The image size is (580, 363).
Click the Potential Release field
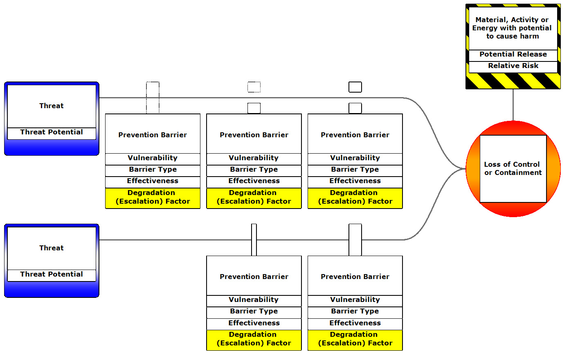[513, 54]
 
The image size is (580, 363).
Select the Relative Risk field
[513, 66]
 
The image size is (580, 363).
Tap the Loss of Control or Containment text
[513, 168]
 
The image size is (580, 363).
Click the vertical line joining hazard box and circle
[513, 105]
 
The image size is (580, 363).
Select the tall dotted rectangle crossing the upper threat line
[153, 98]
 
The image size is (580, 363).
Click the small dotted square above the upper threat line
[254, 87]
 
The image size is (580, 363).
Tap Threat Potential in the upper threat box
[52, 132]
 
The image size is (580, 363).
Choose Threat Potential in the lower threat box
[52, 275]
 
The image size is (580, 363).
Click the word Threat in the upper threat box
[52, 106]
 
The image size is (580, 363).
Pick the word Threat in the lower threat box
[52, 248]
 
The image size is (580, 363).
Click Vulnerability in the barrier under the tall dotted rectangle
[153, 158]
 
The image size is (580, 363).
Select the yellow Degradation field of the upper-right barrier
[355, 197]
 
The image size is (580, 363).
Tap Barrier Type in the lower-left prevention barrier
[254, 311]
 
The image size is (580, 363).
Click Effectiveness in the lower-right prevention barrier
[355, 323]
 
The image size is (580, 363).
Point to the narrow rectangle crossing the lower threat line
[254, 240]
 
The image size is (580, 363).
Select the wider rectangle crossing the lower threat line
[355, 240]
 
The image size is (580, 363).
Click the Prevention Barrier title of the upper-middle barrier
[254, 135]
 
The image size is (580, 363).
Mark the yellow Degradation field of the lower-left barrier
[254, 339]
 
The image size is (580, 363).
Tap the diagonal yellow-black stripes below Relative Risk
[513, 81]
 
